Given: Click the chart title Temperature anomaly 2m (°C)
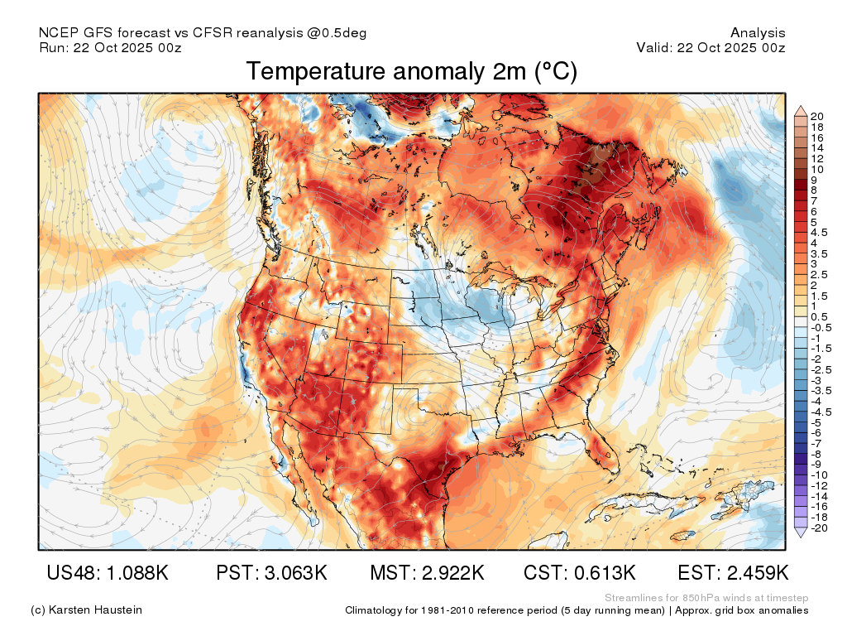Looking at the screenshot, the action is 412,71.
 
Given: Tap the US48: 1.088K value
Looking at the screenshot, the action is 108,573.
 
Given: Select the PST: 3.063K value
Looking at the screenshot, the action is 271,573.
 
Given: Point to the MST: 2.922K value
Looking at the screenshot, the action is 427,573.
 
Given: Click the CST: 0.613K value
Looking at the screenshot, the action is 579,573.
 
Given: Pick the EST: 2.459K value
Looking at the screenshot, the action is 733,573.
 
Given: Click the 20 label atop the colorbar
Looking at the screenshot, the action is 816,116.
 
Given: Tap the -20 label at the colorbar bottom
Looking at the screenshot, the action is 819,528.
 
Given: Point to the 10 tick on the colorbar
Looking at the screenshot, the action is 816,169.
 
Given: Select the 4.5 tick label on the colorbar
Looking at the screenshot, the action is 818,233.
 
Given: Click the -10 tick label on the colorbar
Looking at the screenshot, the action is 819,475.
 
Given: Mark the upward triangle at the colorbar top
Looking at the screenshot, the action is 801,111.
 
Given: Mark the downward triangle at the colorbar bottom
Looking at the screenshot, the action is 801,532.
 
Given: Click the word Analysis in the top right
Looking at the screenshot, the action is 758,33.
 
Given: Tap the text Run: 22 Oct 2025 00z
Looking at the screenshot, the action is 110,47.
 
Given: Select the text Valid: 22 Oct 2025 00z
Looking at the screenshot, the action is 711,47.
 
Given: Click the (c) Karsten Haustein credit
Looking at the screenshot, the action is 86,610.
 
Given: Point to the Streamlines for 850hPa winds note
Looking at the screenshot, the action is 706,598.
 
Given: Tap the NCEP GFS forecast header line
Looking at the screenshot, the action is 203,33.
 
